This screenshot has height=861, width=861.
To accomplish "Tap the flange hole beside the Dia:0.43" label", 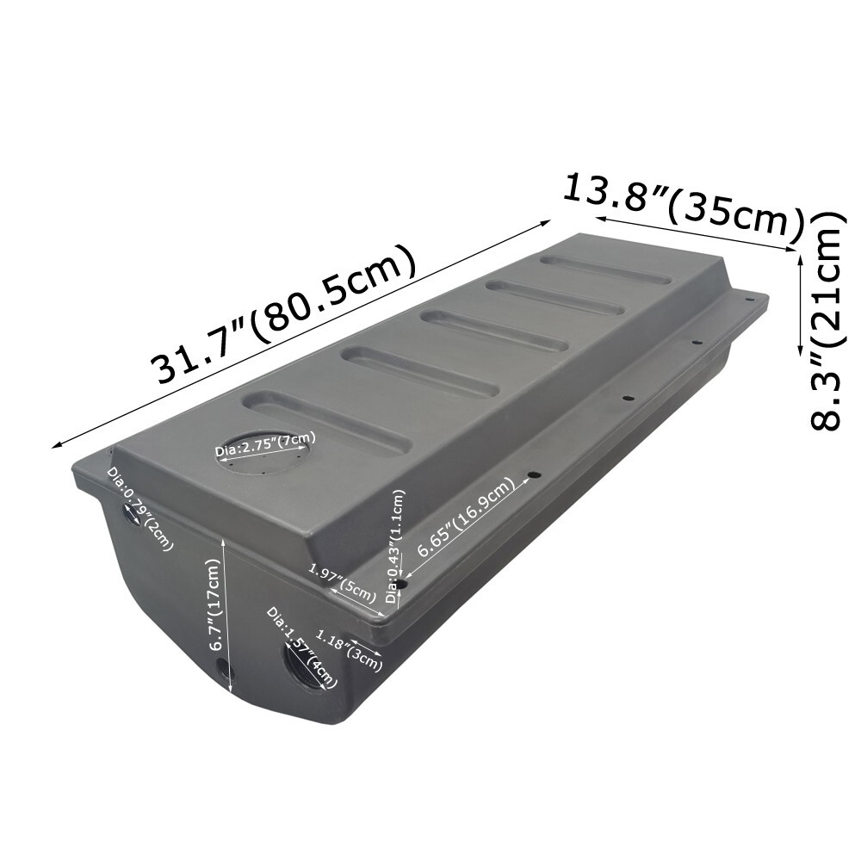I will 401,584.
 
